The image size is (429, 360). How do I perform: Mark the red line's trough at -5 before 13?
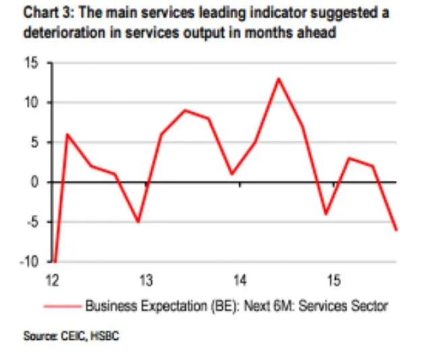pos(138,222)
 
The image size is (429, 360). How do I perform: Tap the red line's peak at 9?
pos(185,110)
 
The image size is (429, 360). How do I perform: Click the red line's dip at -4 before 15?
pos(325,214)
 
